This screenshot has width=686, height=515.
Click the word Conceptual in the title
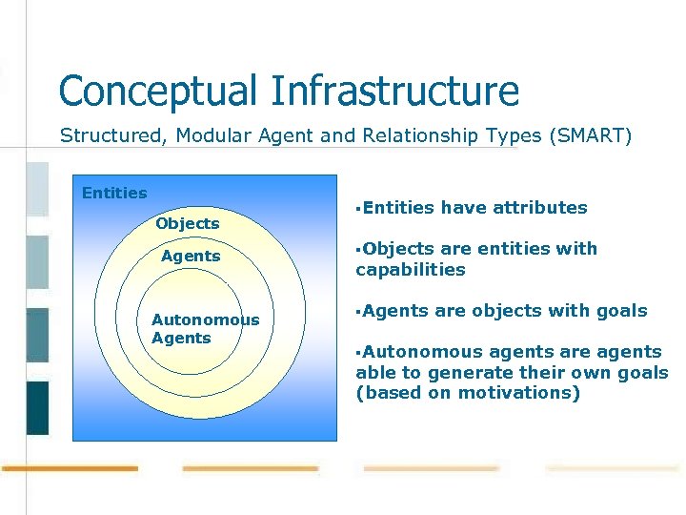coord(158,92)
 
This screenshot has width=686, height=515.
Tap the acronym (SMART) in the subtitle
coord(590,135)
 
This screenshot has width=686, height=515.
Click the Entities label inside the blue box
coord(114,193)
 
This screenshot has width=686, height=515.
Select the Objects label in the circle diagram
coord(188,223)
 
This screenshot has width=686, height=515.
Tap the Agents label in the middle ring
coord(191,256)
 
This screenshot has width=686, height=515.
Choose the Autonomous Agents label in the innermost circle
coord(204,329)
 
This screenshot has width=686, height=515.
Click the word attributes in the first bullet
coord(540,207)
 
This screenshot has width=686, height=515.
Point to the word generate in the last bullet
coord(472,373)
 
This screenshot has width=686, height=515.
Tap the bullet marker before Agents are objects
coord(358,311)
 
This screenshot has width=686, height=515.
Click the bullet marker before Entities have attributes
coord(358,207)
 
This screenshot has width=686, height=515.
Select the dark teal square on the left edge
coord(37,408)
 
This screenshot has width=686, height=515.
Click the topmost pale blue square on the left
coord(37,189)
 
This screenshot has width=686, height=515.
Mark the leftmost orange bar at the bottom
coord(70,468)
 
